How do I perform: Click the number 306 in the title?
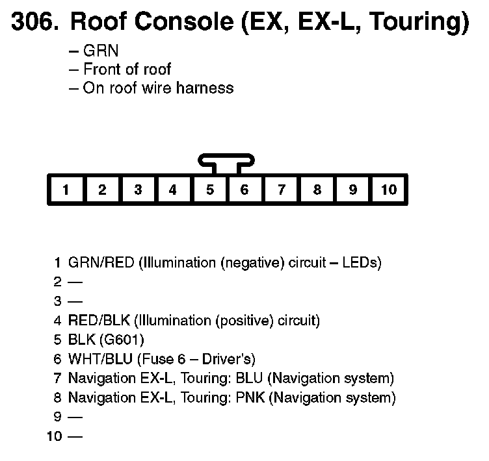coord(33,22)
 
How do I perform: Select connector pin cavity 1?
coord(66,190)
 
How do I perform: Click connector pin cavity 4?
coord(173,190)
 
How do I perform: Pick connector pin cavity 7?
coord(281,190)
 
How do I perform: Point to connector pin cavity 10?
coord(388,190)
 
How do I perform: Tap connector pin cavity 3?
coord(138,190)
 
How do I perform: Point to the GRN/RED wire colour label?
coord(101,263)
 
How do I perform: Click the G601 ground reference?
coord(125,340)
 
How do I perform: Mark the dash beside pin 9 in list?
coord(75,417)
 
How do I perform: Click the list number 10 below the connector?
coord(55,436)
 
